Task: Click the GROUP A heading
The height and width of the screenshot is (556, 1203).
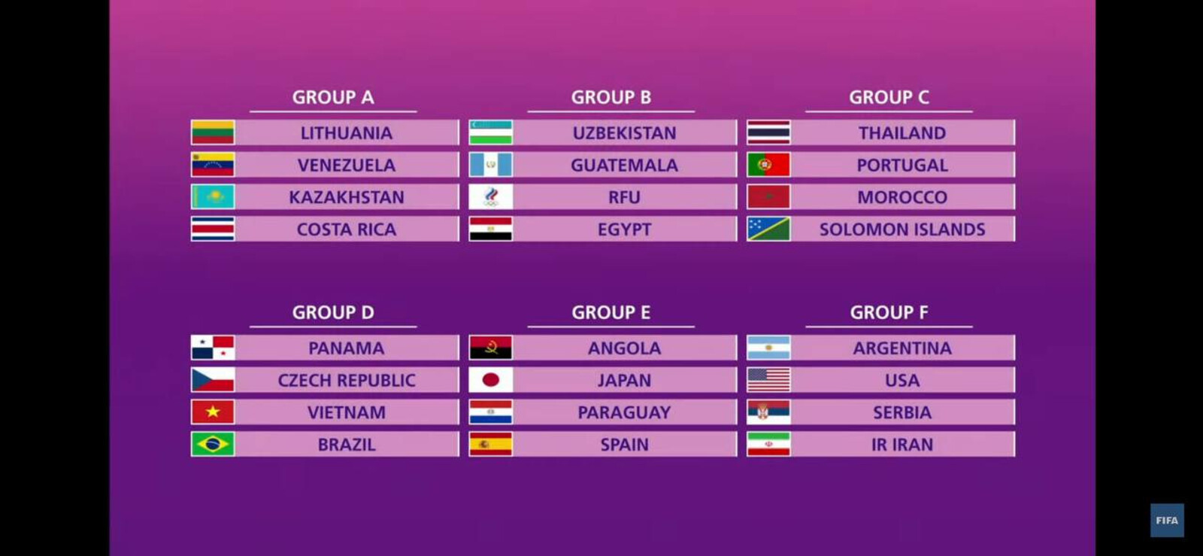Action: click(x=333, y=97)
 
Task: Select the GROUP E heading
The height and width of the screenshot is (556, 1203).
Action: click(x=611, y=312)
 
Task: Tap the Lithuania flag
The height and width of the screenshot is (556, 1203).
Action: click(x=213, y=132)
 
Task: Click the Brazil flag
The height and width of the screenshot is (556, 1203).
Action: click(x=213, y=444)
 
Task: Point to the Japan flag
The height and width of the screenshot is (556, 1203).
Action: click(x=490, y=380)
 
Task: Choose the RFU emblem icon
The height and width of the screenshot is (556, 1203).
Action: click(x=490, y=196)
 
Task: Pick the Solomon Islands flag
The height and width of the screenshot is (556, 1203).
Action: click(x=768, y=229)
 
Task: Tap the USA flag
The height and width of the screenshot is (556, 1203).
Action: click(x=768, y=380)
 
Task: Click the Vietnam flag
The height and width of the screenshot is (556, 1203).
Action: click(x=213, y=412)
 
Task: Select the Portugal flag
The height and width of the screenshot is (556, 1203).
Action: click(x=768, y=164)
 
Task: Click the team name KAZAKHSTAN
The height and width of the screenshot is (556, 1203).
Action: click(x=347, y=197)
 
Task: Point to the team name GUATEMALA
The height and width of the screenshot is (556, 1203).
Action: click(x=624, y=165)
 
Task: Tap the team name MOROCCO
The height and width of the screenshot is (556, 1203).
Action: click(x=902, y=197)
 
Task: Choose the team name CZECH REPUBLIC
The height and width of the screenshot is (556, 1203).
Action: click(x=347, y=381)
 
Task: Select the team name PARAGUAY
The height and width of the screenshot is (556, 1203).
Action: click(x=624, y=412)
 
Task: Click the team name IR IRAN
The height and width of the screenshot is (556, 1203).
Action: click(x=902, y=445)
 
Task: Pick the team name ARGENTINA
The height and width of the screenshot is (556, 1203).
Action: click(x=902, y=348)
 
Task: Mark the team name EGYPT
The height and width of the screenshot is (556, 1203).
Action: click(x=624, y=229)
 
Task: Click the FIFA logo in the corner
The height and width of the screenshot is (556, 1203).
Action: click(x=1167, y=520)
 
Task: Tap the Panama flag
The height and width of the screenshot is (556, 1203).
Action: click(x=213, y=348)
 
